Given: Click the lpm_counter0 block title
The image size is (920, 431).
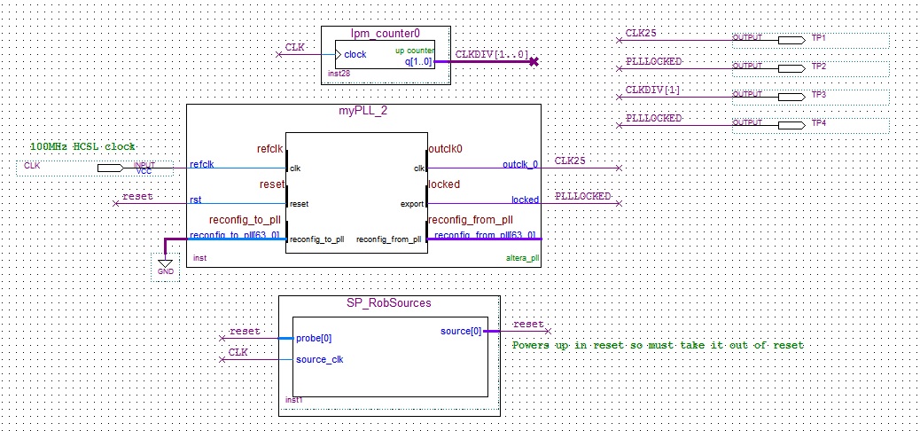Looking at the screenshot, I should coord(385,34).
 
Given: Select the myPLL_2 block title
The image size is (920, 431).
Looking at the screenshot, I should coord(363,111).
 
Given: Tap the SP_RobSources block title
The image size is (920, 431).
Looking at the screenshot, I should coord(389,302).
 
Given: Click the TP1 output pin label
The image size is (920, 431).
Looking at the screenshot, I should coord(818,39).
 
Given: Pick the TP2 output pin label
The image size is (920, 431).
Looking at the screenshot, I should coord(818,67).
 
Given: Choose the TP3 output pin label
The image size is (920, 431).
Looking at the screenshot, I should coord(818,94).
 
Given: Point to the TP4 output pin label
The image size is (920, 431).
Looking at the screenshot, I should coord(818,122).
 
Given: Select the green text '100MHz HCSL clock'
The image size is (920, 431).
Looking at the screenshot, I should coord(83,146).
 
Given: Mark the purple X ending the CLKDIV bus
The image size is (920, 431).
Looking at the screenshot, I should coord(533,62).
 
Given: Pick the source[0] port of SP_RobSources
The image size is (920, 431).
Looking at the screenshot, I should coord(461,332).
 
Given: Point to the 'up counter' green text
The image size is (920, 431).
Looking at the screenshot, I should coord(414,51).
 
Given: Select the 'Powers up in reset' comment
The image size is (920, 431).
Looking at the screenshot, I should coord(657,344).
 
